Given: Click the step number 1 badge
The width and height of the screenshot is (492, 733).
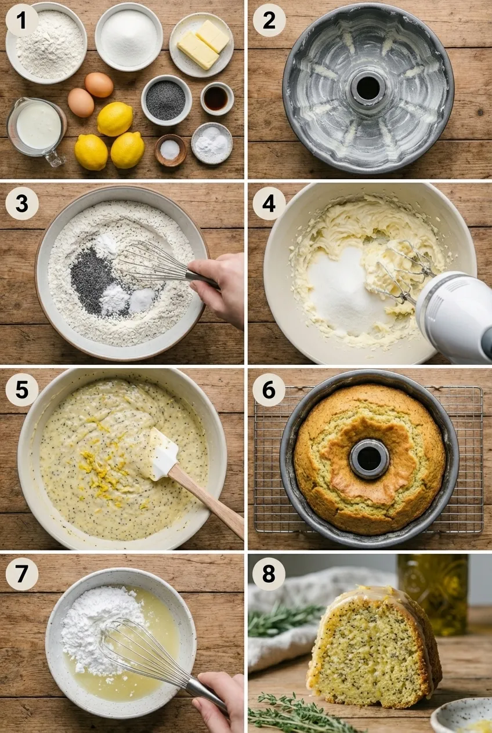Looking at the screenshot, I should [x=22, y=21].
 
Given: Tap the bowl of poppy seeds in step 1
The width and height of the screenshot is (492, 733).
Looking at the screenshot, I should [x=166, y=100].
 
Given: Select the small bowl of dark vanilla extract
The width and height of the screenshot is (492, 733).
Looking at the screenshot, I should [x=216, y=98].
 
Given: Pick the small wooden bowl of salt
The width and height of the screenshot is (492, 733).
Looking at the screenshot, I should [x=170, y=150].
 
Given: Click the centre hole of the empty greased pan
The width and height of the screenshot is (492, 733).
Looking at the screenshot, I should [x=368, y=88].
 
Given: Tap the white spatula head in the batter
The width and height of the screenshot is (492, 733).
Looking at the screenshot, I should [x=163, y=453].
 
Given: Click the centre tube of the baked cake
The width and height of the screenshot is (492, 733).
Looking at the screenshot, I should [x=369, y=459].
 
